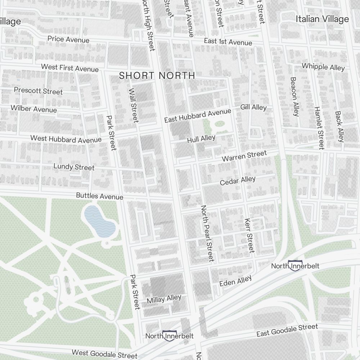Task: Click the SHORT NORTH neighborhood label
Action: [x=157, y=76]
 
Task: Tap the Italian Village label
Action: [x=322, y=19]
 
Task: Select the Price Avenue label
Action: [x=68, y=39]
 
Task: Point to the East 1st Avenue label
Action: [x=228, y=42]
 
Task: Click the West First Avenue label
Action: [x=69, y=68]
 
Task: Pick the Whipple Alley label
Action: [x=323, y=67]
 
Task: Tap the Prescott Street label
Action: [x=38, y=90]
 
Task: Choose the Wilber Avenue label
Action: [x=33, y=109]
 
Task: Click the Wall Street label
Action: [x=133, y=105]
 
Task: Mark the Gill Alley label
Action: [x=253, y=107]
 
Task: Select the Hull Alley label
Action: [x=201, y=139]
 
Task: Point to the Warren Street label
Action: [x=244, y=156]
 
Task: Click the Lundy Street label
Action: [x=74, y=167]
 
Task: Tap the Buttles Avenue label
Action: [x=99, y=196]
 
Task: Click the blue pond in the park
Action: [x=99, y=221]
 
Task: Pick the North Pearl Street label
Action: [x=207, y=233]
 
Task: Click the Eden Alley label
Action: [x=235, y=281]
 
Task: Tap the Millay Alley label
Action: [x=164, y=299]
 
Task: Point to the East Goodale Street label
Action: [x=287, y=330]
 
